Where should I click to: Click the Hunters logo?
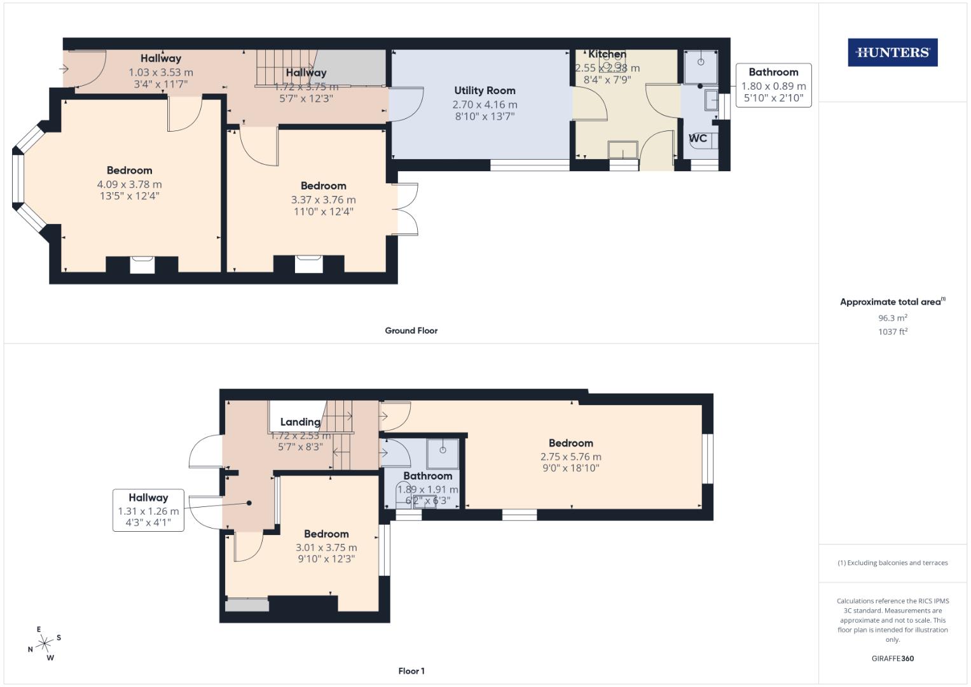(892, 53)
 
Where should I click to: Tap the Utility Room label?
(485, 91)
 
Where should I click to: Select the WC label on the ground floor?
(698, 138)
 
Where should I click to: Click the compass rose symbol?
(45, 644)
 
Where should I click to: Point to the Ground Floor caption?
(411, 331)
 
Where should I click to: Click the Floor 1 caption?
(411, 671)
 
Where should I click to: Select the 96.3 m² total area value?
(892, 318)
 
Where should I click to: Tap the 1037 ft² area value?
(892, 331)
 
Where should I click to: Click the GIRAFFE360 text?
(892, 658)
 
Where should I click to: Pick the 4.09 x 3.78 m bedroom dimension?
(129, 184)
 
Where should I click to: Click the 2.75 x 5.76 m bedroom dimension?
(570, 457)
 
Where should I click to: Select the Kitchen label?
(607, 55)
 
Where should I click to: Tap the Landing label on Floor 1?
(300, 422)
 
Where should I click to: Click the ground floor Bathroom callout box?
(773, 85)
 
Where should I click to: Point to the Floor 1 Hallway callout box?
(148, 510)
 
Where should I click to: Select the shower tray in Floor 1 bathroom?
(443, 450)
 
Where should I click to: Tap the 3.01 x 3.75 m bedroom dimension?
(326, 548)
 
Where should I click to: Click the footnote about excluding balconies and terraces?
(892, 563)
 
